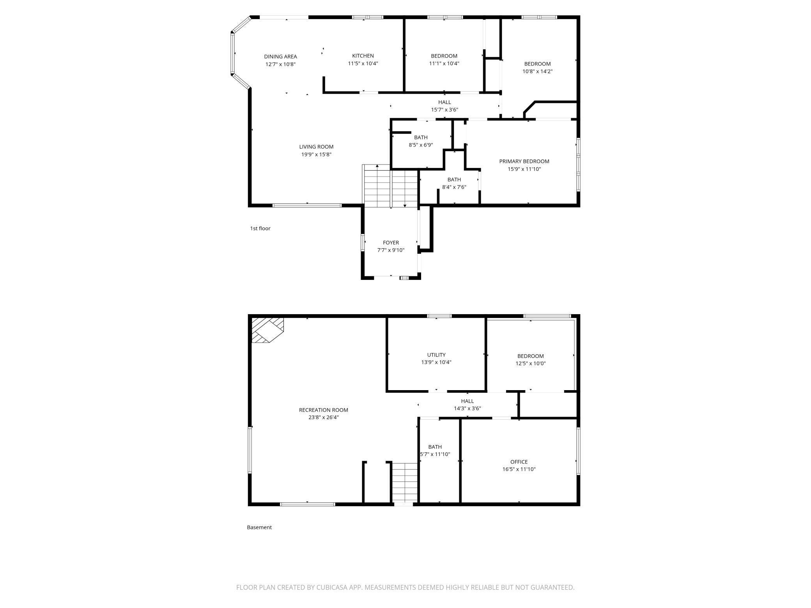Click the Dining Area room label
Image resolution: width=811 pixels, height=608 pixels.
click(280, 57)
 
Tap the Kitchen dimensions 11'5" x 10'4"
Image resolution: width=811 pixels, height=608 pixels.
click(363, 63)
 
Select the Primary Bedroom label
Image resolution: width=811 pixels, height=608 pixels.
click(524, 161)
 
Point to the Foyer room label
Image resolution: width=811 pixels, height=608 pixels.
click(391, 242)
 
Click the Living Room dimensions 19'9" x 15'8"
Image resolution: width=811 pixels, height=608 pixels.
click(316, 154)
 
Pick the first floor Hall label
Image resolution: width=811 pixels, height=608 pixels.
click(444, 102)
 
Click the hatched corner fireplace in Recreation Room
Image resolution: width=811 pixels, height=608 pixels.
click(267, 330)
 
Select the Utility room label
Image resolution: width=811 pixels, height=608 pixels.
click(436, 355)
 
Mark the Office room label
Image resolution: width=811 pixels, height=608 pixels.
click(519, 462)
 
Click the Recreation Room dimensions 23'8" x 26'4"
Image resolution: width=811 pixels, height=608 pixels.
click(323, 417)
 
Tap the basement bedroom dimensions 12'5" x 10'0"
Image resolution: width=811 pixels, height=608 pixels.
click(530, 363)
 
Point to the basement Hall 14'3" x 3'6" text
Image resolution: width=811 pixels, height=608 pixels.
click(467, 408)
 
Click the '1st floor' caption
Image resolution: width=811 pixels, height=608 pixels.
click(260, 228)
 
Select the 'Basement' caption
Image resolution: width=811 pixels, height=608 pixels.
click(259, 527)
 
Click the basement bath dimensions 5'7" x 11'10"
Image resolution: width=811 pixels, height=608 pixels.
click(435, 454)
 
